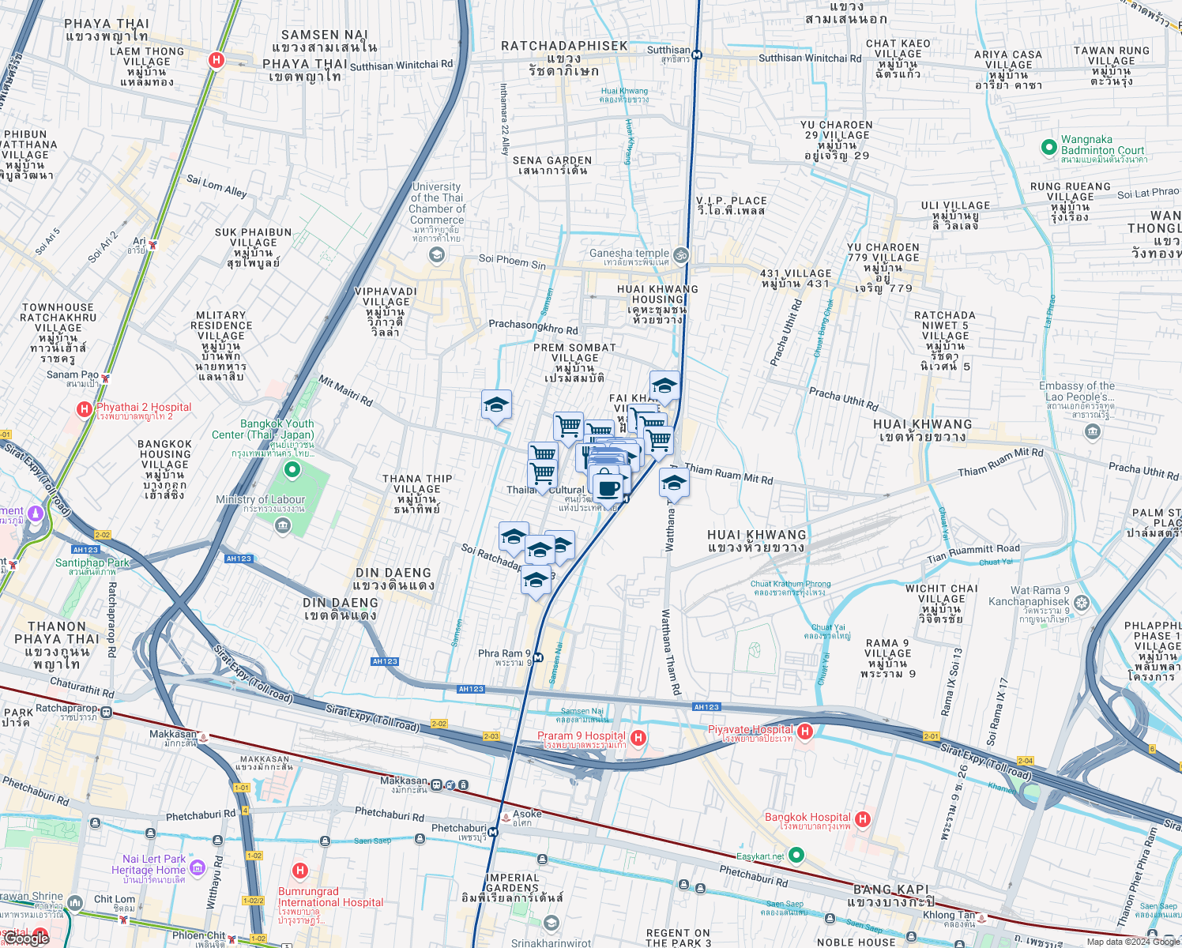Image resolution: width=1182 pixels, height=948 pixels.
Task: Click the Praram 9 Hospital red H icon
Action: [638, 738]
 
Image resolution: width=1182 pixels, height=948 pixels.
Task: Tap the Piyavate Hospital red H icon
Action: [805, 732]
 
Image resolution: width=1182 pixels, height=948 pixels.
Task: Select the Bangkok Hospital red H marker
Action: [863, 819]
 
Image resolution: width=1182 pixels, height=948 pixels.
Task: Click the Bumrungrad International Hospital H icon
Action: [299, 871]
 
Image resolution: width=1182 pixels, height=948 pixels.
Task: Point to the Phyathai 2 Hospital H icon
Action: [84, 409]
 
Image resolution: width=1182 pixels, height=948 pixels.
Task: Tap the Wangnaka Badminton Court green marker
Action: [1048, 147]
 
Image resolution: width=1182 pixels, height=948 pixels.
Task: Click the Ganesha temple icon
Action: [681, 254]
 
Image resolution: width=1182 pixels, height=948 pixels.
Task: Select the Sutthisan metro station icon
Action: [697, 55]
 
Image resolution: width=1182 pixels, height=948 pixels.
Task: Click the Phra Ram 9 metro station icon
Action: [538, 657]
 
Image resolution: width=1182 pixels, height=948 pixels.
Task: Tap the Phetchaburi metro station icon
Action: [493, 832]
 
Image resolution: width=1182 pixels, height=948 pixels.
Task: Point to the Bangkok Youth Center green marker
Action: [292, 471]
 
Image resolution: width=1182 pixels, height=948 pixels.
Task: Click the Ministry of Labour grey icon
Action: [283, 526]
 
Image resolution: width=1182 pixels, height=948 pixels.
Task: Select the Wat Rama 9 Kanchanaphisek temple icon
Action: [1082, 603]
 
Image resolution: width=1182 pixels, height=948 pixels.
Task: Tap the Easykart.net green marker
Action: [796, 855]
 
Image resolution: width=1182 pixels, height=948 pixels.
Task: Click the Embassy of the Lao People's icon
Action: [1093, 431]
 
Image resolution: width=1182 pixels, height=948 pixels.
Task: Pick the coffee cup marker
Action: [608, 487]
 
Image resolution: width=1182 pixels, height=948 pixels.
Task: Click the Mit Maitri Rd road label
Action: [345, 391]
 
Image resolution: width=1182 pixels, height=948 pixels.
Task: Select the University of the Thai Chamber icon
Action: [436, 254]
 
